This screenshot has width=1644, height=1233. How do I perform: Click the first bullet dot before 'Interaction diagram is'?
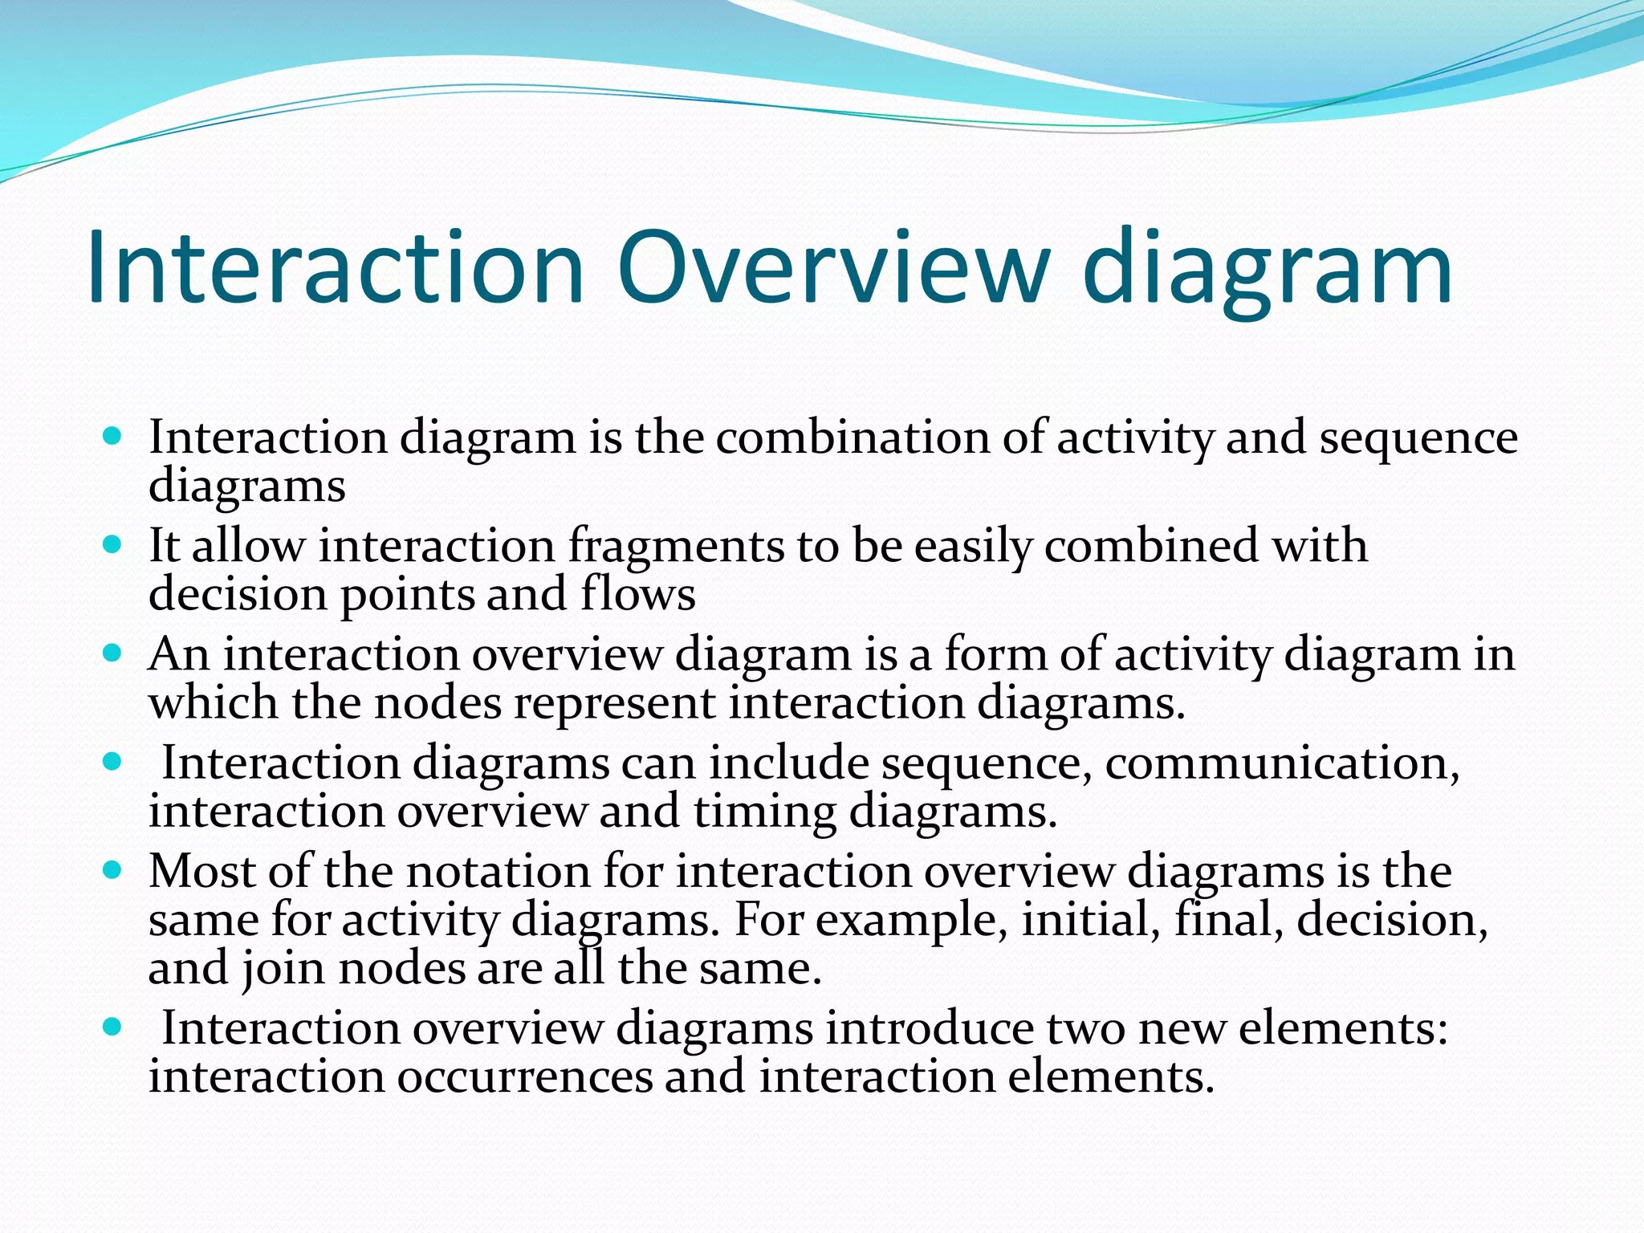tap(113, 437)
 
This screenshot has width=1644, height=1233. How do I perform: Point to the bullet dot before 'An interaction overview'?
tap(113, 653)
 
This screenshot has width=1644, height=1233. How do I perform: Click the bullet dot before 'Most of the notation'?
tap(113, 870)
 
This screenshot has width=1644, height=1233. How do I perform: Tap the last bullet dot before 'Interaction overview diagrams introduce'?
tap(113, 1027)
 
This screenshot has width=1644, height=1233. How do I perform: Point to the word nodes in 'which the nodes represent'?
tap(437, 702)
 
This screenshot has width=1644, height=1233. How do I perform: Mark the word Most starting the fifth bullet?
tap(201, 871)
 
